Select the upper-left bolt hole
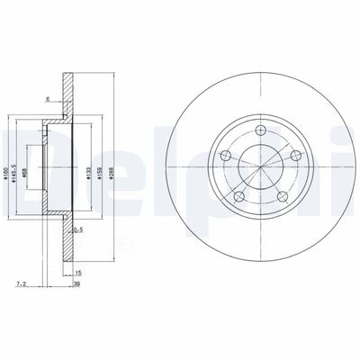click(226, 156)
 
